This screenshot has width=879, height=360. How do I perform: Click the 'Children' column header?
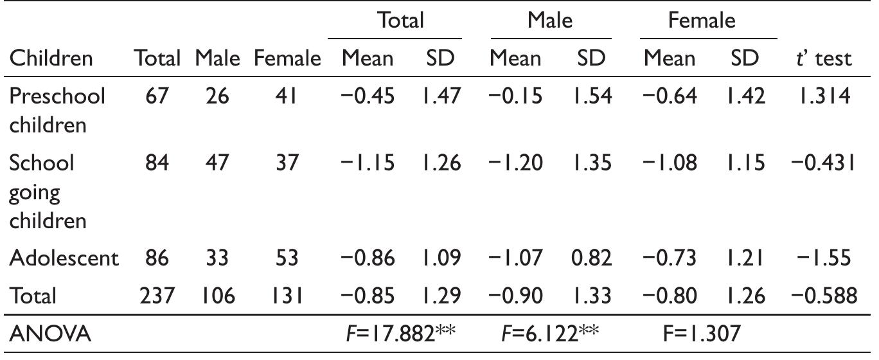[x=51, y=59]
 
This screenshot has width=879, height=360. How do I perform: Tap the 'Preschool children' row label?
[x=57, y=109]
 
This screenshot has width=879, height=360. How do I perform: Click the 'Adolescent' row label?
[x=64, y=258]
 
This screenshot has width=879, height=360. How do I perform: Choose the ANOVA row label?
[x=50, y=334]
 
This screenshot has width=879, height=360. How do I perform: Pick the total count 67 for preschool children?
[x=156, y=96]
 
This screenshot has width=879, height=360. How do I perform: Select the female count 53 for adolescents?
[x=287, y=258]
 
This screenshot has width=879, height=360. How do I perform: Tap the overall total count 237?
[x=156, y=296]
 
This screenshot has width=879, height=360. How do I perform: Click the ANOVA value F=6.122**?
[x=549, y=334]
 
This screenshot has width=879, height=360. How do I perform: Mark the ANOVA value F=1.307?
[x=702, y=334]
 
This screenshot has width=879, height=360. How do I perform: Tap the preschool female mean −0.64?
[x=669, y=96]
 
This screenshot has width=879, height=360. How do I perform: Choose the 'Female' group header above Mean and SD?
[x=701, y=21]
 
